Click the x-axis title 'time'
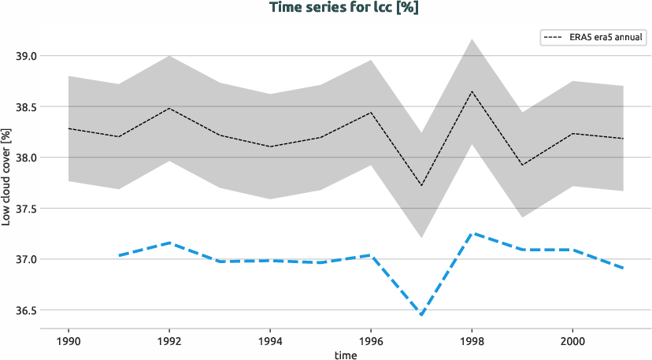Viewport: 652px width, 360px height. click(x=345, y=355)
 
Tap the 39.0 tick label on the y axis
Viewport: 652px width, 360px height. click(x=27, y=56)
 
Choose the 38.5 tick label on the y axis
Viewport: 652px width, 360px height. click(x=27, y=107)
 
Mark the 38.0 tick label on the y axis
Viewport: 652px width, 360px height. click(x=27, y=158)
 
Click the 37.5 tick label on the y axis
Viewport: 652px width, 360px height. click(x=27, y=209)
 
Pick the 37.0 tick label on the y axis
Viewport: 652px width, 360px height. click(x=27, y=259)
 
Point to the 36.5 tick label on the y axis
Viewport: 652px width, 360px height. click(x=27, y=310)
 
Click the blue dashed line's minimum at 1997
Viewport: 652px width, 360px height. click(x=421, y=315)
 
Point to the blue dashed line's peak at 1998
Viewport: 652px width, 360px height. click(x=472, y=233)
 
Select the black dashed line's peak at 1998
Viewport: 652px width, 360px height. click(x=472, y=91)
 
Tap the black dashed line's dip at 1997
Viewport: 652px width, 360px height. click(x=421, y=185)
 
